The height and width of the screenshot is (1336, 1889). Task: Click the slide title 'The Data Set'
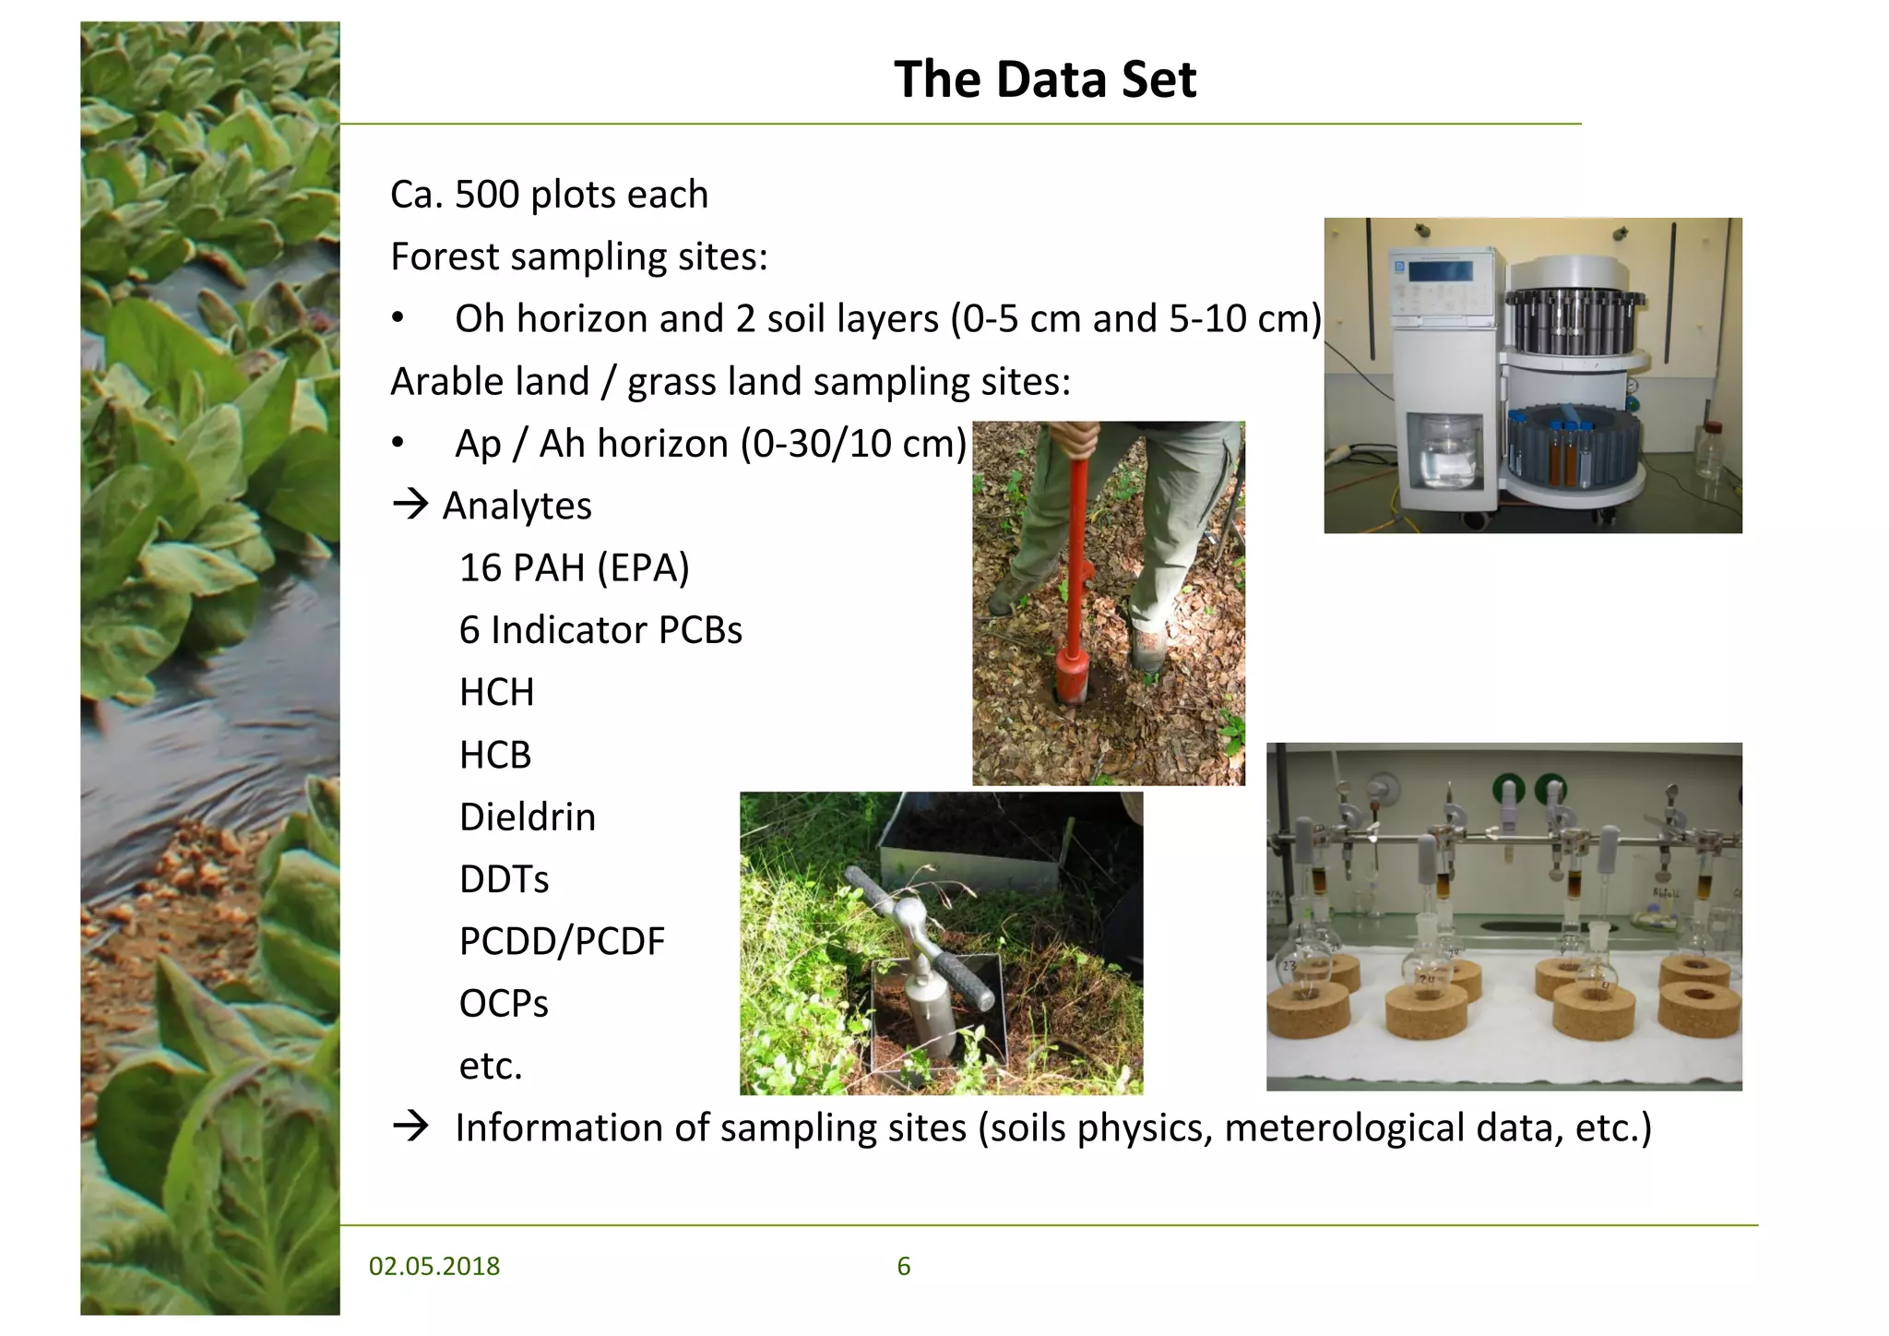coord(1044,79)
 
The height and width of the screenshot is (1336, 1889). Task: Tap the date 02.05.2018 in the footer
coord(434,1266)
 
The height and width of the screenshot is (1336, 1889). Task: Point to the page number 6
coord(903,1266)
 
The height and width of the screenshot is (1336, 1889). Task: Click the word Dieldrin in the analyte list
coord(527,817)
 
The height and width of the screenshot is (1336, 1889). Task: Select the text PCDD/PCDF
coord(561,941)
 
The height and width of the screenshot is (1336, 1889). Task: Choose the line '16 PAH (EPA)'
coord(574,568)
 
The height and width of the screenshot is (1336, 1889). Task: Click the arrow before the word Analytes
coord(410,504)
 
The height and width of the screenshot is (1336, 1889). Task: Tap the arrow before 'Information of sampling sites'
coord(410,1126)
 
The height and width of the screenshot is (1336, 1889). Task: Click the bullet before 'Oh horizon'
coord(398,318)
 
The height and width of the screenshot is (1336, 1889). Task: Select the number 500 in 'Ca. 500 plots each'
coord(487,195)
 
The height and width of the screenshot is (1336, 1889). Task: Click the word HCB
coord(495,755)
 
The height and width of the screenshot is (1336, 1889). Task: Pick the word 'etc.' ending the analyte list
coord(491,1066)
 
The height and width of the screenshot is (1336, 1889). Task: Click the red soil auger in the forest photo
coord(1075,590)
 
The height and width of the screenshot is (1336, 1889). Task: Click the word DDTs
coord(504,879)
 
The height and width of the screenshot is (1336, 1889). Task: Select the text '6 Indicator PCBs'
coord(600,630)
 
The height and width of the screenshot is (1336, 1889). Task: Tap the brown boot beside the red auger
coord(1148,646)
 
